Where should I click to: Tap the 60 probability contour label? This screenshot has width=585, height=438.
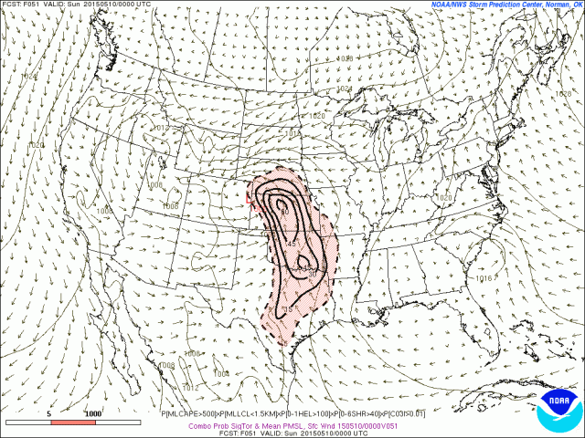284,213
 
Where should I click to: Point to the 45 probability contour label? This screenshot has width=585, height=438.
291,244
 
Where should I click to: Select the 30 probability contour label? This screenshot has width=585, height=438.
312,273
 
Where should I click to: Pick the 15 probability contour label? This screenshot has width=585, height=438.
287,310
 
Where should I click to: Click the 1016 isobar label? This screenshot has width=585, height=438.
484,278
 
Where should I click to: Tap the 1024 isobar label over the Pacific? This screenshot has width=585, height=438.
30,77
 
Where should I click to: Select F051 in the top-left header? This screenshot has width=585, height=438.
32,5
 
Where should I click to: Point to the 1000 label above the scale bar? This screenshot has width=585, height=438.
93,413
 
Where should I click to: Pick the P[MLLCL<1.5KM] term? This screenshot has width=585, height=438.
236,413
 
